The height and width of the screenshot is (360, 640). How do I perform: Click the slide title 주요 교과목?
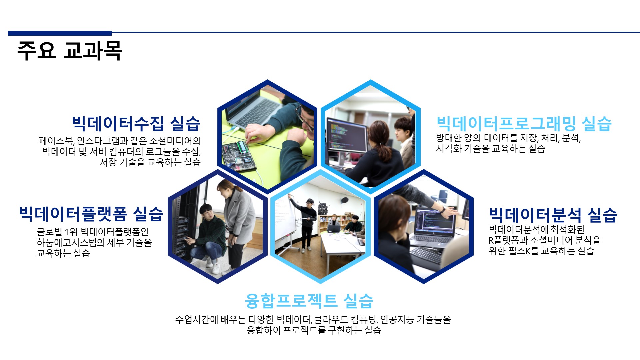[x=70, y=51]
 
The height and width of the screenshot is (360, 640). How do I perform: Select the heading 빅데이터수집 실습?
[x=136, y=123]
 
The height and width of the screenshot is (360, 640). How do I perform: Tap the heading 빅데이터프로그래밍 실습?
[x=524, y=123]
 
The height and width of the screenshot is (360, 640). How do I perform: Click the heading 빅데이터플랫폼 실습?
[x=91, y=214]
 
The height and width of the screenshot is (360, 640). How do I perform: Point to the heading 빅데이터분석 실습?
[x=553, y=215]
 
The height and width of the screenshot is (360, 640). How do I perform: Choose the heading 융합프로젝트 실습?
[x=309, y=301]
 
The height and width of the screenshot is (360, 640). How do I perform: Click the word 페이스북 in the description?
[x=55, y=141]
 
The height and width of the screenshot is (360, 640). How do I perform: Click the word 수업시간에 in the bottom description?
[x=197, y=320]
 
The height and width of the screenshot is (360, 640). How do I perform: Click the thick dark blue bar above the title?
[x=60, y=33]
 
